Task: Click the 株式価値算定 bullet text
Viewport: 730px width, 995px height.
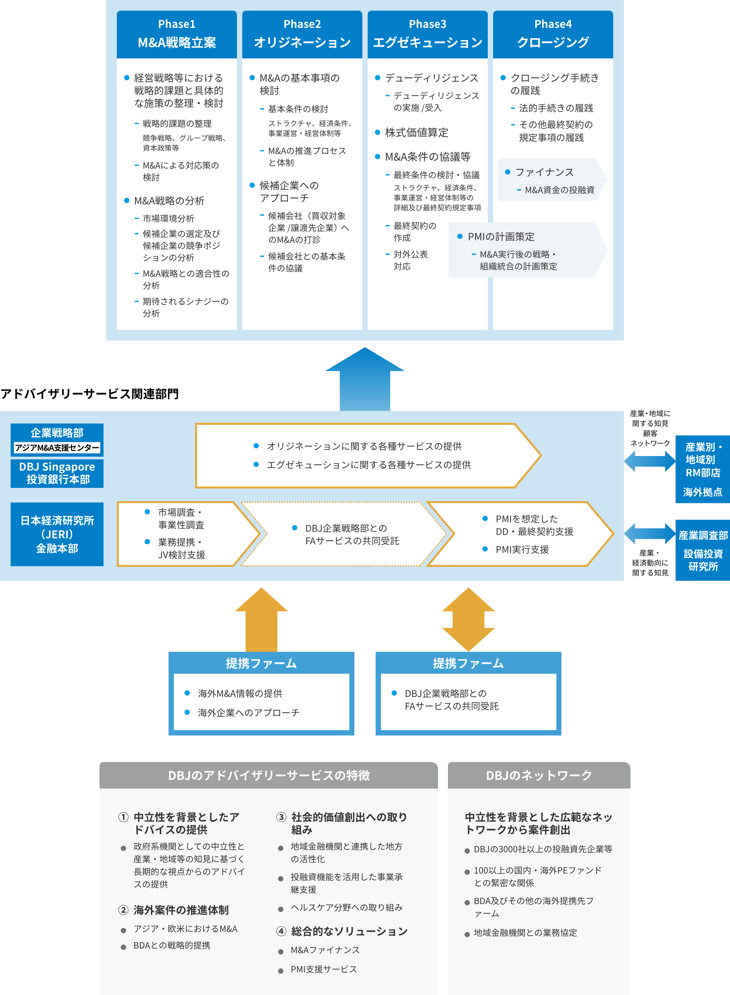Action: pyautogui.click(x=416, y=133)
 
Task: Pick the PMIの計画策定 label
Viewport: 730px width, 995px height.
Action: pyautogui.click(x=501, y=237)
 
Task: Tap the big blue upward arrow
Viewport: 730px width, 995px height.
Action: pyautogui.click(x=365, y=380)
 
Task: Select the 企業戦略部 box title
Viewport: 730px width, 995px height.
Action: pyautogui.click(x=57, y=432)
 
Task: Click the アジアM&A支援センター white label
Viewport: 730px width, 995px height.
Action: pyautogui.click(x=57, y=448)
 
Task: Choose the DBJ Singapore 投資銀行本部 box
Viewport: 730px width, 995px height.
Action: pyautogui.click(x=57, y=473)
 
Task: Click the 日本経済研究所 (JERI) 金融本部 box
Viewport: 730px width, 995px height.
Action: pyautogui.click(x=57, y=534)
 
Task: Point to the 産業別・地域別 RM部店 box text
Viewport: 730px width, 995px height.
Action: pyautogui.click(x=702, y=460)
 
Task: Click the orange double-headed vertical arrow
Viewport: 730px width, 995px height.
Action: pyautogui.click(x=468, y=619)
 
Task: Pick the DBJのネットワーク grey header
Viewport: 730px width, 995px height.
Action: pyautogui.click(x=539, y=775)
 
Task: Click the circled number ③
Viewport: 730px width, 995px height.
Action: pyautogui.click(x=281, y=817)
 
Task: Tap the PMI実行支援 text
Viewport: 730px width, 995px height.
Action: pyautogui.click(x=522, y=549)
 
